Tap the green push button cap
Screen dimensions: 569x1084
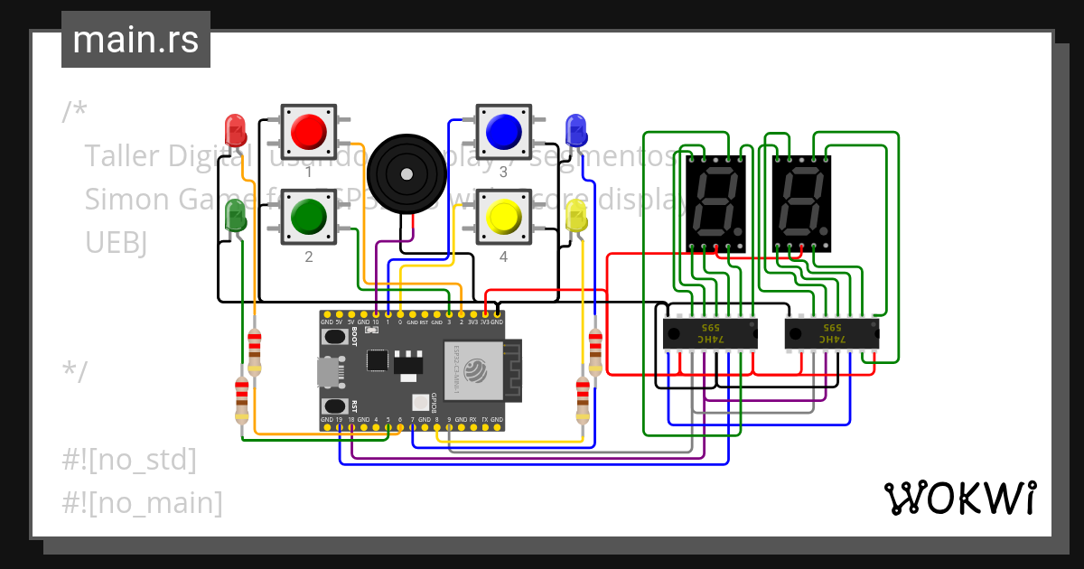coord(308,216)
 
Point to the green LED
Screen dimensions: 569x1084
coord(235,215)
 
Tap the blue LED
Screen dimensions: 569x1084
coord(575,128)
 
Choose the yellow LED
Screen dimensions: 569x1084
coord(576,216)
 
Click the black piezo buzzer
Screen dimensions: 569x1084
coord(406,173)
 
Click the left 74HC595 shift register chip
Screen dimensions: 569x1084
coord(710,333)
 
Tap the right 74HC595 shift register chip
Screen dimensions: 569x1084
coord(831,333)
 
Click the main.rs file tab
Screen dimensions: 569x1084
coord(135,40)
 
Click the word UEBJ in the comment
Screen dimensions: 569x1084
coord(115,241)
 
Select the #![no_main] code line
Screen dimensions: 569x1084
coord(142,502)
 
